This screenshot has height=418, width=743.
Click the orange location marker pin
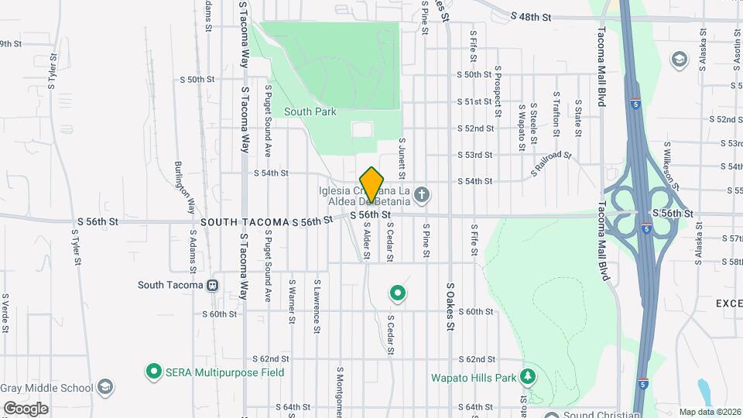pos(372,184)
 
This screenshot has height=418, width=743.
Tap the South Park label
pos(310,111)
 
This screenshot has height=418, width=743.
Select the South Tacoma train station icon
pos(212,285)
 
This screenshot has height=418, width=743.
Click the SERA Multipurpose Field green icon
pos(153,372)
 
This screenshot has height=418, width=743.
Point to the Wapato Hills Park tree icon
pos(529,377)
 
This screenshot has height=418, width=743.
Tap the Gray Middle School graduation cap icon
pos(105,387)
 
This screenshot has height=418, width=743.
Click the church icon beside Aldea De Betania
pos(422,194)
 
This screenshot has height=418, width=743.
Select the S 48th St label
pos(531,16)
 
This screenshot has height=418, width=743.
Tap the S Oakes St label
pos(450,306)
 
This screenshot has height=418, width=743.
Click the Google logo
pos(25,409)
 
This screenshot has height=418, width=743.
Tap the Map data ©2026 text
pos(708,412)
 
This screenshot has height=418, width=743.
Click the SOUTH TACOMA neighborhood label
pos(245,222)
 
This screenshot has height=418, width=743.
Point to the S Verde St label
pos(5,313)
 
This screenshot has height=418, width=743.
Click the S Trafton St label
pos(556,109)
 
